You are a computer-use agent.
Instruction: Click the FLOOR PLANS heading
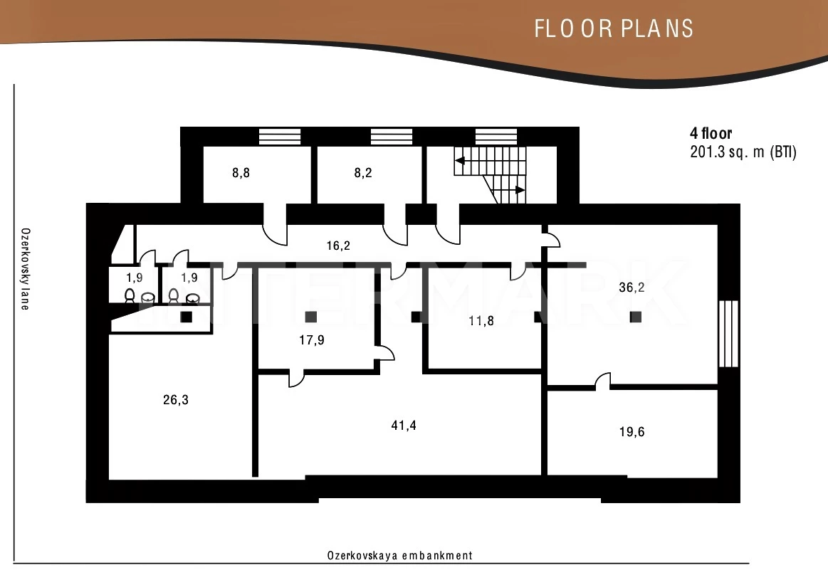pyautogui.click(x=614, y=28)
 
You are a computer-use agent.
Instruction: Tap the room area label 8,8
pyautogui.click(x=241, y=173)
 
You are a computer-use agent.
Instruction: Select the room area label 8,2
pyautogui.click(x=363, y=173)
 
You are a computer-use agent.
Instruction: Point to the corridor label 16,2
pyautogui.click(x=338, y=246)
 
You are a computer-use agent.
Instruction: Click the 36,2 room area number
pyautogui.click(x=632, y=288)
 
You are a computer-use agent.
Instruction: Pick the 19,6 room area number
pyautogui.click(x=632, y=432)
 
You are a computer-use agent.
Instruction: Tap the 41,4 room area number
pyautogui.click(x=404, y=425)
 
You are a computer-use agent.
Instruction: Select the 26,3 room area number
pyautogui.click(x=176, y=400)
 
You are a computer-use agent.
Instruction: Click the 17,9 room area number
pyautogui.click(x=312, y=339)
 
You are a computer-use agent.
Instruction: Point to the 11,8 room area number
pyautogui.click(x=481, y=320)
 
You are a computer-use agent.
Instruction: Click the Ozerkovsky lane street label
pyautogui.click(x=25, y=269)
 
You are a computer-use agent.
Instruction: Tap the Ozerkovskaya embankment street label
pyautogui.click(x=399, y=555)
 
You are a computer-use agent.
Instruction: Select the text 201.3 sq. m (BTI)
pyautogui.click(x=743, y=152)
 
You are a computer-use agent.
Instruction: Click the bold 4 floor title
pyautogui.click(x=711, y=133)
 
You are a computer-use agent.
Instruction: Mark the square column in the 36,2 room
pyautogui.click(x=636, y=317)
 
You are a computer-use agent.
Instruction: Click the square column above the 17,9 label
pyautogui.click(x=311, y=317)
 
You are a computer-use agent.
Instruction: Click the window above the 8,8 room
pyautogui.click(x=279, y=136)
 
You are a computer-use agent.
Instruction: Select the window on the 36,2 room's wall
pyautogui.click(x=728, y=334)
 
